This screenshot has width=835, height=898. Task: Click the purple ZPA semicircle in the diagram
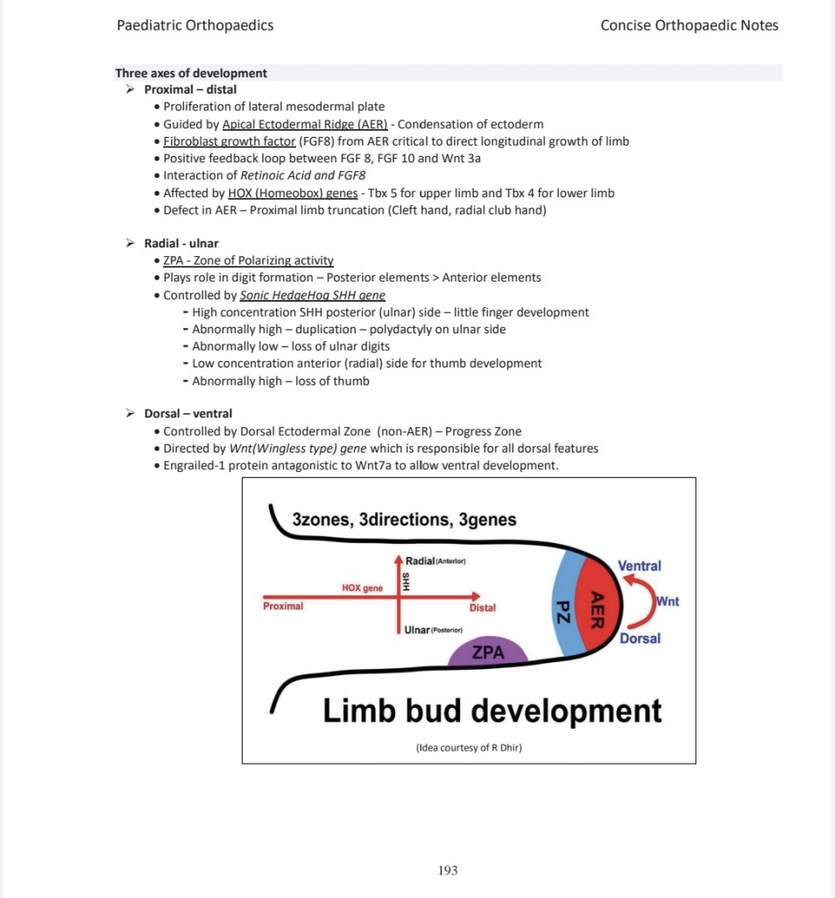coord(488,653)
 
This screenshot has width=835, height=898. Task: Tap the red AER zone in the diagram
coord(599,606)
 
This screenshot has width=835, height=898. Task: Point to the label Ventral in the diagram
coord(640,567)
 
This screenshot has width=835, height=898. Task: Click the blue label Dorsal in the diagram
coord(640,638)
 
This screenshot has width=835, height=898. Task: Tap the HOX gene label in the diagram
coord(362,588)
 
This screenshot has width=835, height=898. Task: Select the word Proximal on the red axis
coord(283,606)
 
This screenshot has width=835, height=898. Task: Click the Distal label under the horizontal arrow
coord(482,608)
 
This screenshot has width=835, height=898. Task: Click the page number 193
coord(448,871)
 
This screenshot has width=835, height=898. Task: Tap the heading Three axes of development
coord(191,73)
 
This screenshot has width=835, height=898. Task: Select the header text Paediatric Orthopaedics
coord(195,25)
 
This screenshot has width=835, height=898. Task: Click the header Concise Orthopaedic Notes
coord(689,25)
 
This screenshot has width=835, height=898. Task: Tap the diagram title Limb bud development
coord(492,710)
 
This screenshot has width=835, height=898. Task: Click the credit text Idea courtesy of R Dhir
coord(469,748)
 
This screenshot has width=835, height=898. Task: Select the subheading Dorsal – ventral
coord(188,414)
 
